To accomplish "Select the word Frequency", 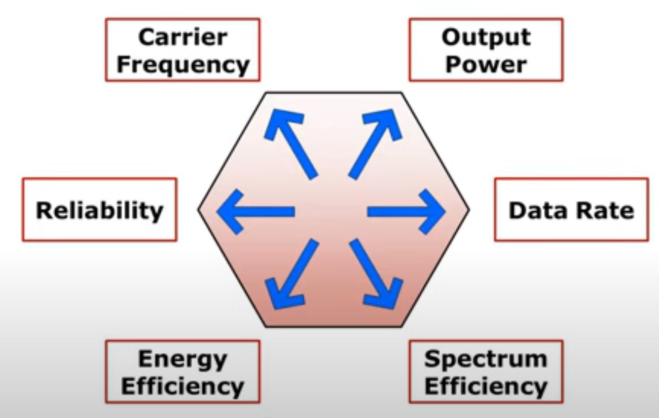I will click(x=182, y=64).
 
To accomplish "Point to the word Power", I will click(x=486, y=64).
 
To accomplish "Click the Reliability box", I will click(x=99, y=209).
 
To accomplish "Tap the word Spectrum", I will click(x=486, y=359).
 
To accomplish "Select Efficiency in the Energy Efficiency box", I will click(x=182, y=386).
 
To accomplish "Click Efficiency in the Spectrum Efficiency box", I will click(x=486, y=386).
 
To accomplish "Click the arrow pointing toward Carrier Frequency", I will click(x=292, y=144).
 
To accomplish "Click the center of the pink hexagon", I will click(x=334, y=209).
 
